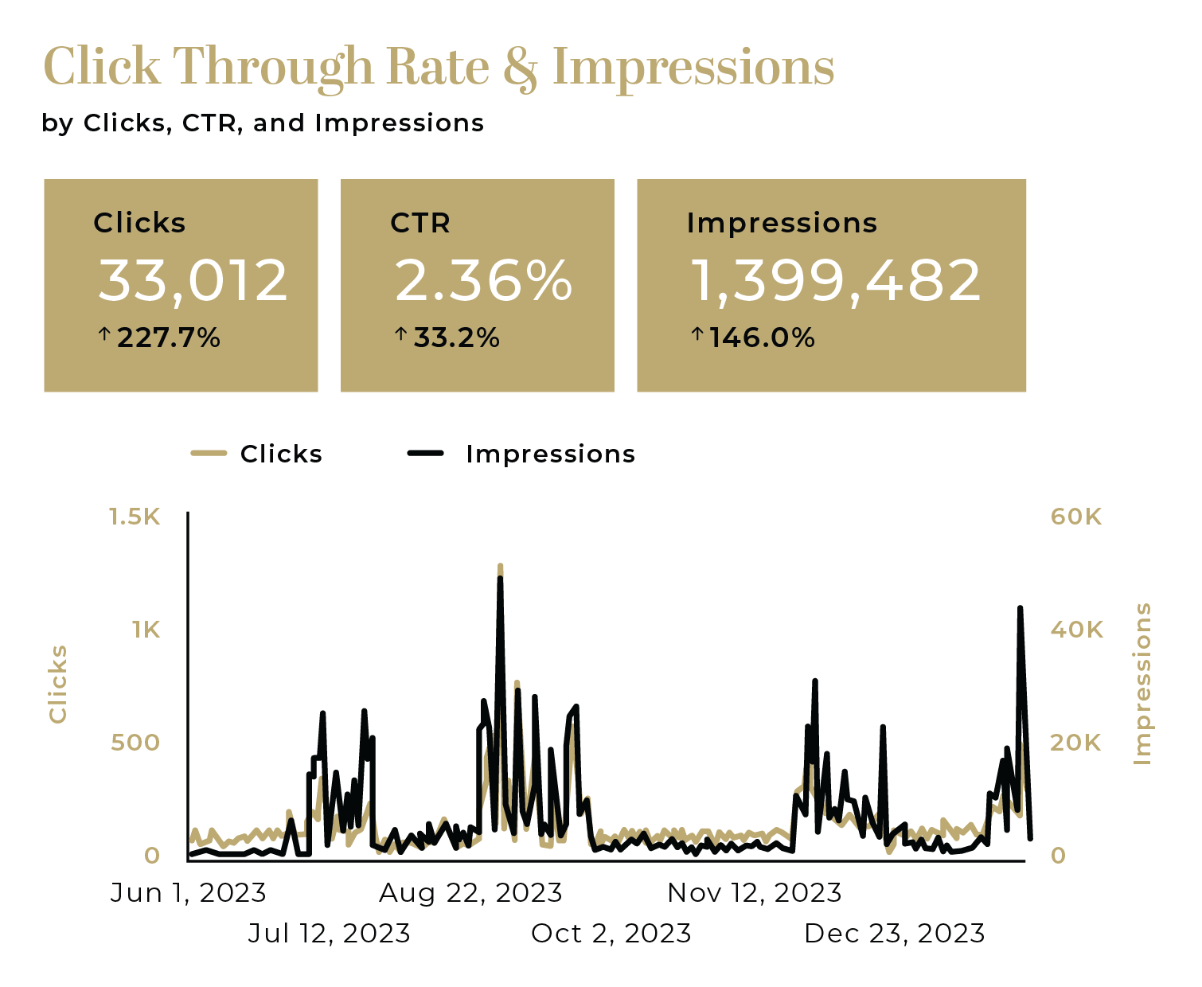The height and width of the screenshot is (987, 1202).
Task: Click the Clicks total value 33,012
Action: click(193, 281)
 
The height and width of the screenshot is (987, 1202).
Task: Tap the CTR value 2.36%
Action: click(483, 281)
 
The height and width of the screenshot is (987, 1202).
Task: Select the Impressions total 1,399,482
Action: click(836, 281)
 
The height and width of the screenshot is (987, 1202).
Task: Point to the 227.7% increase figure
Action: click(168, 338)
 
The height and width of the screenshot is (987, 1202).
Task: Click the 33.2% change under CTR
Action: click(456, 338)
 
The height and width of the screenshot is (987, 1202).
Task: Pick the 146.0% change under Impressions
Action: click(762, 338)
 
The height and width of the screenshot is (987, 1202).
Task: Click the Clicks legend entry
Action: click(280, 454)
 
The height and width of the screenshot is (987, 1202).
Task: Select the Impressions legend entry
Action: click(550, 454)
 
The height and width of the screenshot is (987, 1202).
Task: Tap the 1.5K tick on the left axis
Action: click(135, 517)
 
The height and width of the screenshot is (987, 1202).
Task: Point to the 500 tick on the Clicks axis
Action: click(135, 743)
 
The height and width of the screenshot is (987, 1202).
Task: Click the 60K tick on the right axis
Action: click(1076, 517)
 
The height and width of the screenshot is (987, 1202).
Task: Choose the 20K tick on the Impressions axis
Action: click(1076, 743)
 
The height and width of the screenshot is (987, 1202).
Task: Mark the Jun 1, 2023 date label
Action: click(189, 893)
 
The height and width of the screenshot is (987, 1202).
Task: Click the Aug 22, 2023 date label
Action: click(470, 893)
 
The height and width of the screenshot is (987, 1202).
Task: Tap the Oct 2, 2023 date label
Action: click(611, 933)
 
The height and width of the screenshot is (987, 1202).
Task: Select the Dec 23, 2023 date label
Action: click(895, 933)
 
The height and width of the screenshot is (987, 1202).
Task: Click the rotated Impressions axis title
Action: click(1142, 685)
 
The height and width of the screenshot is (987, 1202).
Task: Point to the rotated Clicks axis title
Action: click(58, 685)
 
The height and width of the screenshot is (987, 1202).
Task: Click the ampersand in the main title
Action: click(521, 67)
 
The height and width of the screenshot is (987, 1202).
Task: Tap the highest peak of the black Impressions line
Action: click(500, 579)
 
